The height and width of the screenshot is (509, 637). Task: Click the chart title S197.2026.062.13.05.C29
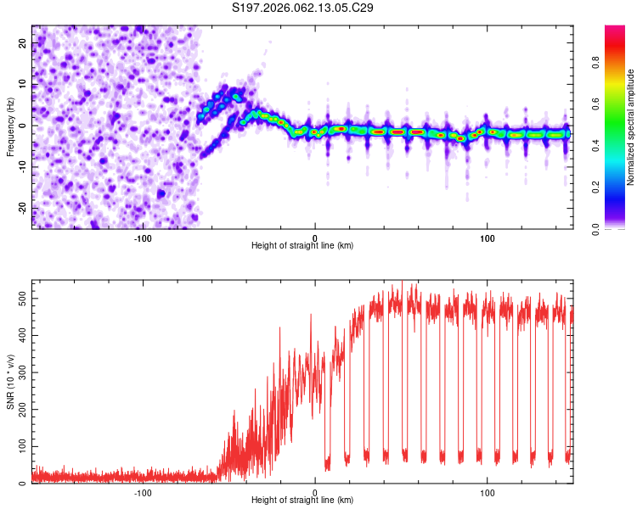click(303, 8)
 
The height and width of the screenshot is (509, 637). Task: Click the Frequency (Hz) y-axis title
click(10, 126)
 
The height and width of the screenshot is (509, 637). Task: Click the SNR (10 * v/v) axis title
click(10, 383)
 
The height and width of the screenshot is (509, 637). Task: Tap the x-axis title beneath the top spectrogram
click(302, 246)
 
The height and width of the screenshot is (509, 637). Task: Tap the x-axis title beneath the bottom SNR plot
click(302, 501)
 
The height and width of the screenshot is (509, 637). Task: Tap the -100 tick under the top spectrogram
click(142, 237)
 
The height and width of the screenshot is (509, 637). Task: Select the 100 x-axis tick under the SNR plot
click(488, 491)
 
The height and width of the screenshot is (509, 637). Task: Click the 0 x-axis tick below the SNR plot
click(315, 491)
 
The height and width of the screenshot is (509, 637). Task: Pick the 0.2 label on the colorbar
click(618, 187)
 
